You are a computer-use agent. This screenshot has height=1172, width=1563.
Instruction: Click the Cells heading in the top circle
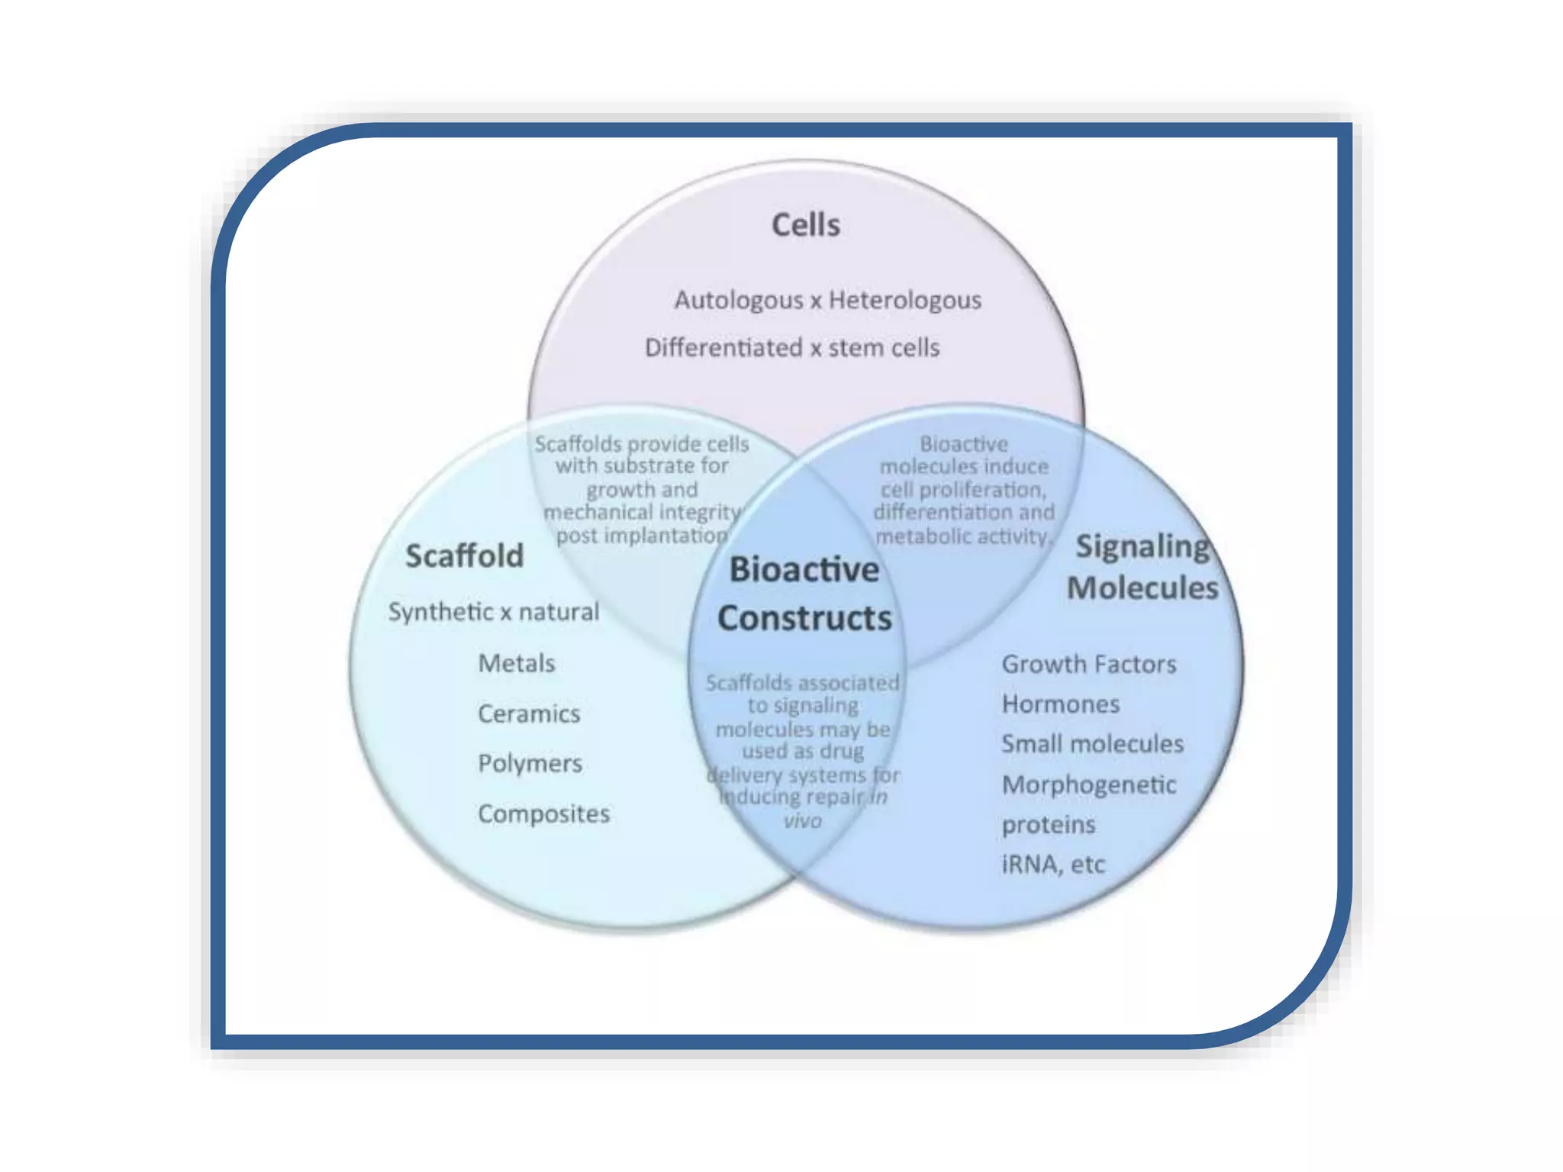pyautogui.click(x=805, y=225)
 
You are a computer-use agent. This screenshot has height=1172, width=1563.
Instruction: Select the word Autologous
pyautogui.click(x=738, y=300)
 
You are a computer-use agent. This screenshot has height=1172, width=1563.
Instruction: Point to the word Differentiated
pyautogui.click(x=723, y=348)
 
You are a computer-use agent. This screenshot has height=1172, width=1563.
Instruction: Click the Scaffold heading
pyautogui.click(x=464, y=555)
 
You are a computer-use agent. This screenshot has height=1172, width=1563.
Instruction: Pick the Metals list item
pyautogui.click(x=516, y=663)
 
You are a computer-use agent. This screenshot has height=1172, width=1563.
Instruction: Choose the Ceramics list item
pyautogui.click(x=529, y=713)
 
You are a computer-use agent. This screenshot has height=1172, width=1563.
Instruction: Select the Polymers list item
pyautogui.click(x=530, y=763)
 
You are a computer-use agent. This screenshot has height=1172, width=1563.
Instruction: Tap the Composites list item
pyautogui.click(x=543, y=813)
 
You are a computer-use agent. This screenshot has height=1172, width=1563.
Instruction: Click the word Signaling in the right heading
pyautogui.click(x=1142, y=547)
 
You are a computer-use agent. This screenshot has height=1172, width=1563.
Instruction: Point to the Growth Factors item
pyautogui.click(x=1088, y=664)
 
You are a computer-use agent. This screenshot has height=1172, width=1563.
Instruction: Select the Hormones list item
pyautogui.click(x=1060, y=704)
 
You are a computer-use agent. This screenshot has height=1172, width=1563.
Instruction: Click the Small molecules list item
pyautogui.click(x=1092, y=743)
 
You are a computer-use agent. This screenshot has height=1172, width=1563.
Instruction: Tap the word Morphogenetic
pyautogui.click(x=1088, y=784)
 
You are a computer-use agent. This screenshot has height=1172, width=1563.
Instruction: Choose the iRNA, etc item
pyautogui.click(x=1052, y=864)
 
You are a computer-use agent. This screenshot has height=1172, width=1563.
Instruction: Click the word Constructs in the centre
pyautogui.click(x=804, y=618)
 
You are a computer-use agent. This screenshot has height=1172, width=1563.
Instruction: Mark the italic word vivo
pyautogui.click(x=802, y=821)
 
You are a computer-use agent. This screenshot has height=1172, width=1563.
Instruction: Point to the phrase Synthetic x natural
pyautogui.click(x=493, y=611)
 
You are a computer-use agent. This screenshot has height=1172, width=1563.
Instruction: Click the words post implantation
pyautogui.click(x=641, y=536)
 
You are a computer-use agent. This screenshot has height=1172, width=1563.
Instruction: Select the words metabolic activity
pyautogui.click(x=963, y=536)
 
